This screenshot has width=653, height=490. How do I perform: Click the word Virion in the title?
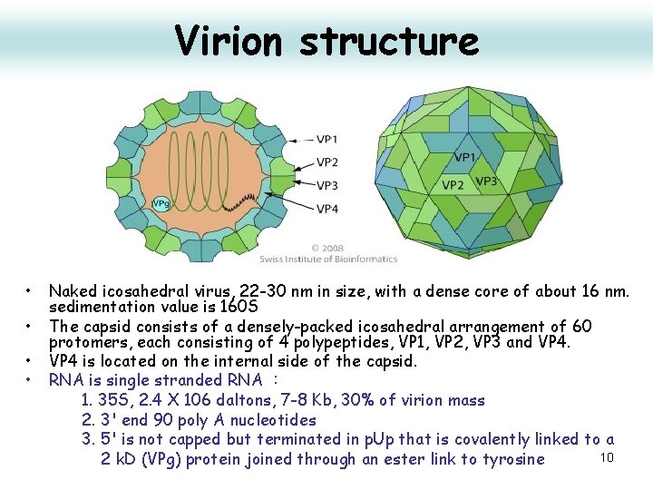[230, 40]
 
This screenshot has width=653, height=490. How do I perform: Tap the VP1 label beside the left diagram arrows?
[327, 140]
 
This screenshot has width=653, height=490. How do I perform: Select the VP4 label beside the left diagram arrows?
[327, 209]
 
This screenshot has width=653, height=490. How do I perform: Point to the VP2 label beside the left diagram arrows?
[327, 162]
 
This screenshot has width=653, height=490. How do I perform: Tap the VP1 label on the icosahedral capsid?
[464, 158]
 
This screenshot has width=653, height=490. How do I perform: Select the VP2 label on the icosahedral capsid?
[454, 185]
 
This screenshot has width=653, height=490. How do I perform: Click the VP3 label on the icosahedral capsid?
[486, 181]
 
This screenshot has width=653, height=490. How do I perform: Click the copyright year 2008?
[335, 248]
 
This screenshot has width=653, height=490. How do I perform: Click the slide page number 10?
[607, 456]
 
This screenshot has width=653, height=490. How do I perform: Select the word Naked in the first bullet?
[71, 291]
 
